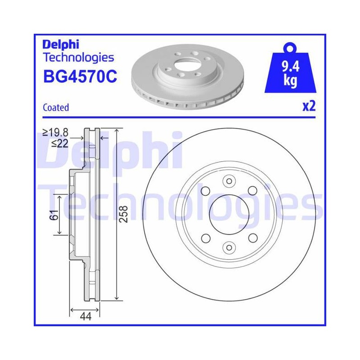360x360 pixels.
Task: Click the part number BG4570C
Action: (80, 76)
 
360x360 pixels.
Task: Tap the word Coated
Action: (56, 108)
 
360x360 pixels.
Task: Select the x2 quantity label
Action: (309, 106)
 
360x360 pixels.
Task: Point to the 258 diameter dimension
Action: (124, 214)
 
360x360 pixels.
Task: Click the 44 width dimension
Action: (85, 317)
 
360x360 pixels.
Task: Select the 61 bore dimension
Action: (54, 215)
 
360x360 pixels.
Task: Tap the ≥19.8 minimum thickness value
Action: (55, 132)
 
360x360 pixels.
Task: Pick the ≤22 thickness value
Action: (60, 144)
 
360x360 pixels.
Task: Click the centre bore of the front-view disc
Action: (229, 215)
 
